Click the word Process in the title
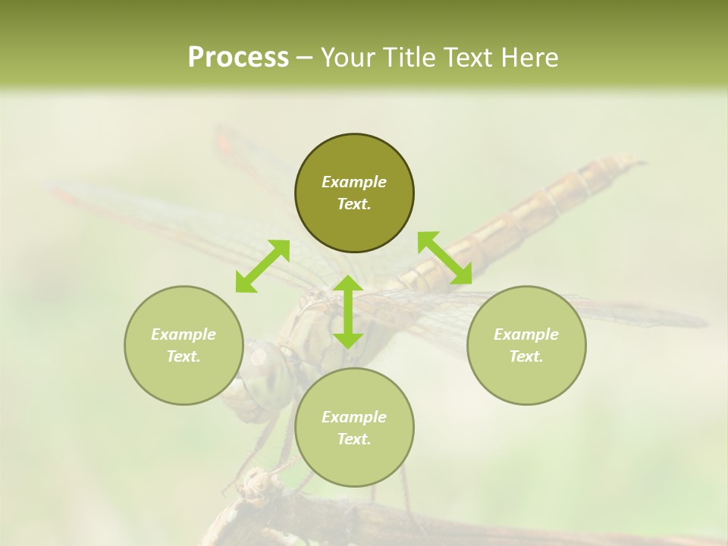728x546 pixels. pyautogui.click(x=238, y=58)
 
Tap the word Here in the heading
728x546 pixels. pyautogui.click(x=528, y=58)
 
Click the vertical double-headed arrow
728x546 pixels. pyautogui.click(x=348, y=312)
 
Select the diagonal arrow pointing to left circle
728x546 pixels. pyautogui.click(x=262, y=266)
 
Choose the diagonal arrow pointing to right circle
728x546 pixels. pyautogui.click(x=445, y=258)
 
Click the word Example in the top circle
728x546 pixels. pyautogui.click(x=354, y=182)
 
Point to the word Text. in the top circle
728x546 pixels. pyautogui.click(x=354, y=204)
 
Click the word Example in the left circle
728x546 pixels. pyautogui.click(x=184, y=334)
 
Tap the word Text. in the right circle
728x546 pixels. pyautogui.click(x=526, y=356)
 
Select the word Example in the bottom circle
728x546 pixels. pyautogui.click(x=354, y=417)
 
